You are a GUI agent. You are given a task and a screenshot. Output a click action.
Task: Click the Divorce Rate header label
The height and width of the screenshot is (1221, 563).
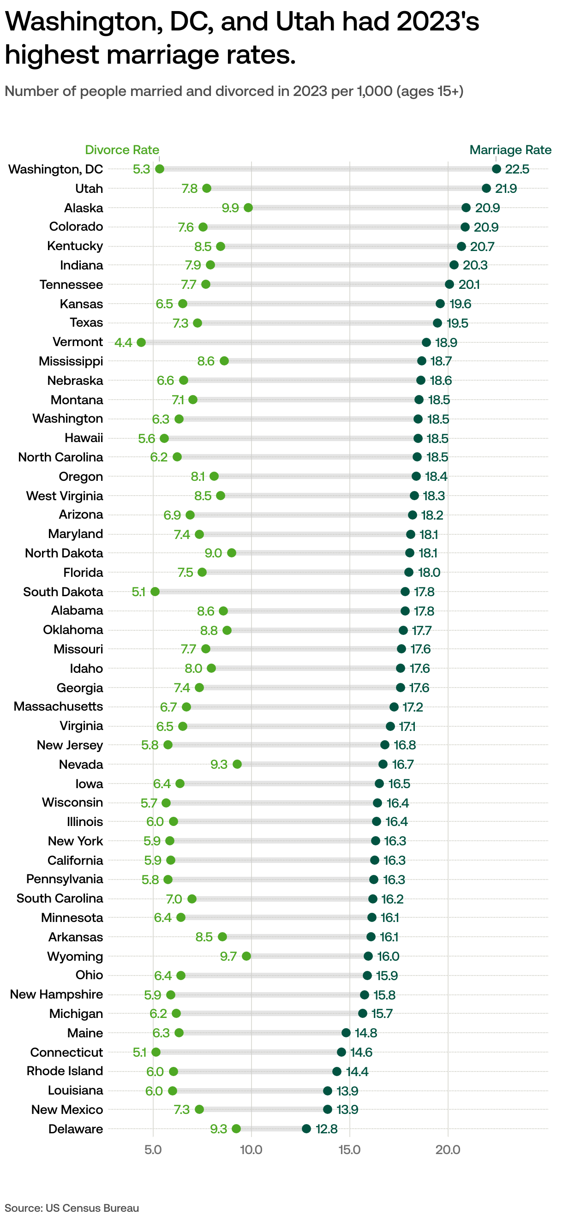pos(122,150)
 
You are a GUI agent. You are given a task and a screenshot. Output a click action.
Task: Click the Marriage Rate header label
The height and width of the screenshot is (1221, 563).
pos(510,150)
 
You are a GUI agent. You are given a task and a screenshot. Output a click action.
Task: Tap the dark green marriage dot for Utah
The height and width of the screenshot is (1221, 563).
pos(486,189)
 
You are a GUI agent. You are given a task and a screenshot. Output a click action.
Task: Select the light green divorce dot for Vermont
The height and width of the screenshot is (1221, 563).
pos(141,342)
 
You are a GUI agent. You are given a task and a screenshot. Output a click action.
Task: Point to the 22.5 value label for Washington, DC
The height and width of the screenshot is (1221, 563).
pos(516,169)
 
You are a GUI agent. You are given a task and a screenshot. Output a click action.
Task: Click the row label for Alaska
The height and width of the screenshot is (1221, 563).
pos(84,208)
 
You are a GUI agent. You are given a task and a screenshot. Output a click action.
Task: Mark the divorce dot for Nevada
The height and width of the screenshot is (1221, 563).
pos(237,764)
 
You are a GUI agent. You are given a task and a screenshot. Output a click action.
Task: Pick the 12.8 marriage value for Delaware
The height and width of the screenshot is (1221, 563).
pos(327,1129)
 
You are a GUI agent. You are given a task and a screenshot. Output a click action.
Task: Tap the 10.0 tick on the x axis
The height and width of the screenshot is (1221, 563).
pos(251,1150)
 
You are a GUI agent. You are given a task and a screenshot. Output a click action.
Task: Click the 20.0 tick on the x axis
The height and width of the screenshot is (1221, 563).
pos(448,1150)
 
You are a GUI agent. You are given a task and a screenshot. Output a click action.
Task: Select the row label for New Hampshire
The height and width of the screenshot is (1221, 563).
pos(56,994)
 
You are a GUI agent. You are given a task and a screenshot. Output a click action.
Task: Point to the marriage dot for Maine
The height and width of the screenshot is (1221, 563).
pos(346,1033)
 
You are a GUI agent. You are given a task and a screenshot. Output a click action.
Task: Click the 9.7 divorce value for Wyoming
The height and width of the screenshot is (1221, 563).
pos(228,956)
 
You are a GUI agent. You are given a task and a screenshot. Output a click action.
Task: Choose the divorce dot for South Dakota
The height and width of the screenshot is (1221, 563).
pos(155,592)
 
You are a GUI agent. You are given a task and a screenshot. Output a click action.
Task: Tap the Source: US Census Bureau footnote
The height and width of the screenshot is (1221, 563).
pos(72,1208)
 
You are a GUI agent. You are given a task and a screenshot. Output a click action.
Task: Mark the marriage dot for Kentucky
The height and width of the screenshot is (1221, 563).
pos(461,246)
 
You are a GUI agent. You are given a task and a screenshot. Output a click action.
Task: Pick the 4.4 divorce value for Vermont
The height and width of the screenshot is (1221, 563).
pos(123,342)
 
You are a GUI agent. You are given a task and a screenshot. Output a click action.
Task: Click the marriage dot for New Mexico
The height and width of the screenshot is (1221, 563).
pos(328,1110)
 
